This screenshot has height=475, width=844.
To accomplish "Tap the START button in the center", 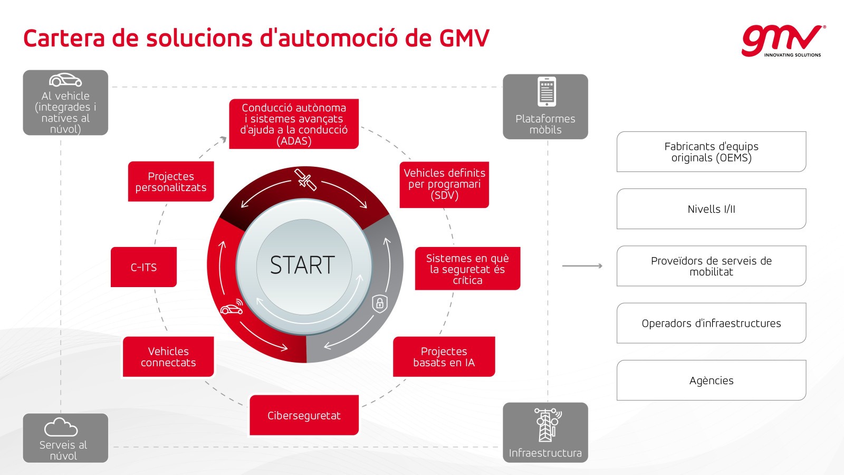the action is (304, 266).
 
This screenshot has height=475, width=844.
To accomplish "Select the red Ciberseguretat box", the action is (304, 415).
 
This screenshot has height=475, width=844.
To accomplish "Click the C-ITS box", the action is (143, 267).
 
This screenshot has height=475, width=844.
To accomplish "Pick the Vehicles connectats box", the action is (168, 357).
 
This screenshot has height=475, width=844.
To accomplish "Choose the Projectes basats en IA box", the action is (444, 357).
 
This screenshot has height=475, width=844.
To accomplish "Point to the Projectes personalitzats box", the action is (171, 182).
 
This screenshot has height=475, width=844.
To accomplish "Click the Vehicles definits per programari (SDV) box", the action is (444, 185).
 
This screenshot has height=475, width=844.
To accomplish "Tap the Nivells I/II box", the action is (712, 209).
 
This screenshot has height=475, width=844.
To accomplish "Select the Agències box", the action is (712, 380).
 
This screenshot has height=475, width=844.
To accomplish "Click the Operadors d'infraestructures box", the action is (712, 323).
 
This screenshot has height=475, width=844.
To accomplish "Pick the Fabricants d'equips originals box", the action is (712, 151).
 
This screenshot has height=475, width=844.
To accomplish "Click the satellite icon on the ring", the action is (305, 179).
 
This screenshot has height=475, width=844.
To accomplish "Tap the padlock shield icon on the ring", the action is (380, 303).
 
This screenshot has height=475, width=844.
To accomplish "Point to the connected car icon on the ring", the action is (232, 307).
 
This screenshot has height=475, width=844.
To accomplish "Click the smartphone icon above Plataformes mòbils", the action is (546, 92).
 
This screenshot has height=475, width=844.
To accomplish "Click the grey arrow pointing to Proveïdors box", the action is (582, 266).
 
